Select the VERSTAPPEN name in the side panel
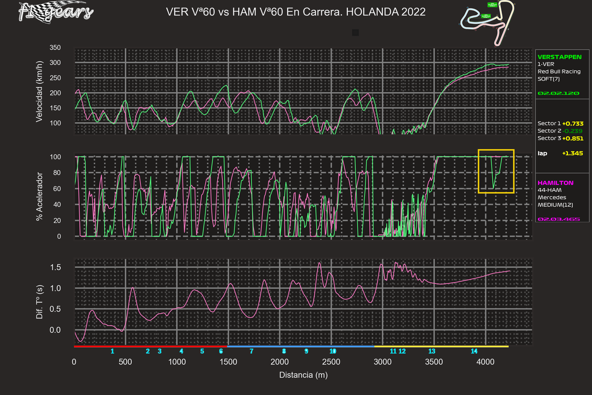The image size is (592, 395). point(559,57)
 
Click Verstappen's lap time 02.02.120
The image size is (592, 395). point(558,93)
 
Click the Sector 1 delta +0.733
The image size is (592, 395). point(573,123)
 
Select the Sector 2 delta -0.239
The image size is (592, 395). point(573,131)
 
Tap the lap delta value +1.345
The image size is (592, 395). point(572,154)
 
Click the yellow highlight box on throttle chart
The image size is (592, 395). point(496,171)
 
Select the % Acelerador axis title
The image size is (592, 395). point(39,197)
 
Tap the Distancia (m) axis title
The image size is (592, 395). point(303,375)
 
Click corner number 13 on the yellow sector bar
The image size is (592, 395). point(432,351)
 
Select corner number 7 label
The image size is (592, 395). point(252,351)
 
